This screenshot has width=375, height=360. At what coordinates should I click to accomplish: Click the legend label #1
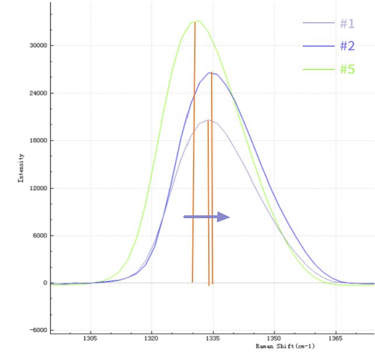348,23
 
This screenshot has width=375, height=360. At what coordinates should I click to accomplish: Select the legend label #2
348,46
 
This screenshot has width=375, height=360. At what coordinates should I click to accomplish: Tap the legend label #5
348,69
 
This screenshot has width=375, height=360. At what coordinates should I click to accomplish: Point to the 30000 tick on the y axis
38,46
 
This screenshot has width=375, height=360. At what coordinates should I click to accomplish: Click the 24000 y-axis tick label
38,93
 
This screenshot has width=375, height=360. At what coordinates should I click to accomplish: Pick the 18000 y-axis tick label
38,141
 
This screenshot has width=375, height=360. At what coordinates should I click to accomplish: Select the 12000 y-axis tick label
38,188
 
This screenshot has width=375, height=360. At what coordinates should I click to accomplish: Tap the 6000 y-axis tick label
40,236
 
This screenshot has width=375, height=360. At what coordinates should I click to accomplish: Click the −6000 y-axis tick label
38,330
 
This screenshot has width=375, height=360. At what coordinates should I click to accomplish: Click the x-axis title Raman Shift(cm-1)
285,346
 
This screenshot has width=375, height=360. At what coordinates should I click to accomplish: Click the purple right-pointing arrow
206,217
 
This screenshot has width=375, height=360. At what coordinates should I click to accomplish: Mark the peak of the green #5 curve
198,21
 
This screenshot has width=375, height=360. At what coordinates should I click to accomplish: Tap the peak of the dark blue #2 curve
211,73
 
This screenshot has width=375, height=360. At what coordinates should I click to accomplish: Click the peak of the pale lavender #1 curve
208,120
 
